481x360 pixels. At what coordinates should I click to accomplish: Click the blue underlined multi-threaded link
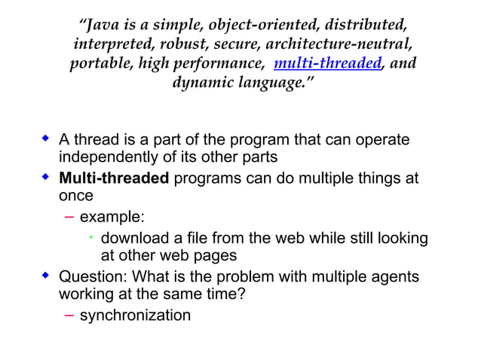(x=328, y=64)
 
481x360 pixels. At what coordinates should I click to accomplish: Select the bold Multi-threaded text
(x=115, y=179)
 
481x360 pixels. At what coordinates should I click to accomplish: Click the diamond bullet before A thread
(x=45, y=139)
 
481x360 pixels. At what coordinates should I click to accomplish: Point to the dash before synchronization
(x=69, y=315)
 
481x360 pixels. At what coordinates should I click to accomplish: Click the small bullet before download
(x=90, y=238)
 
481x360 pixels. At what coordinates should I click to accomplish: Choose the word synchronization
(x=135, y=315)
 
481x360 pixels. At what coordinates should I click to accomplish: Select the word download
(x=134, y=239)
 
